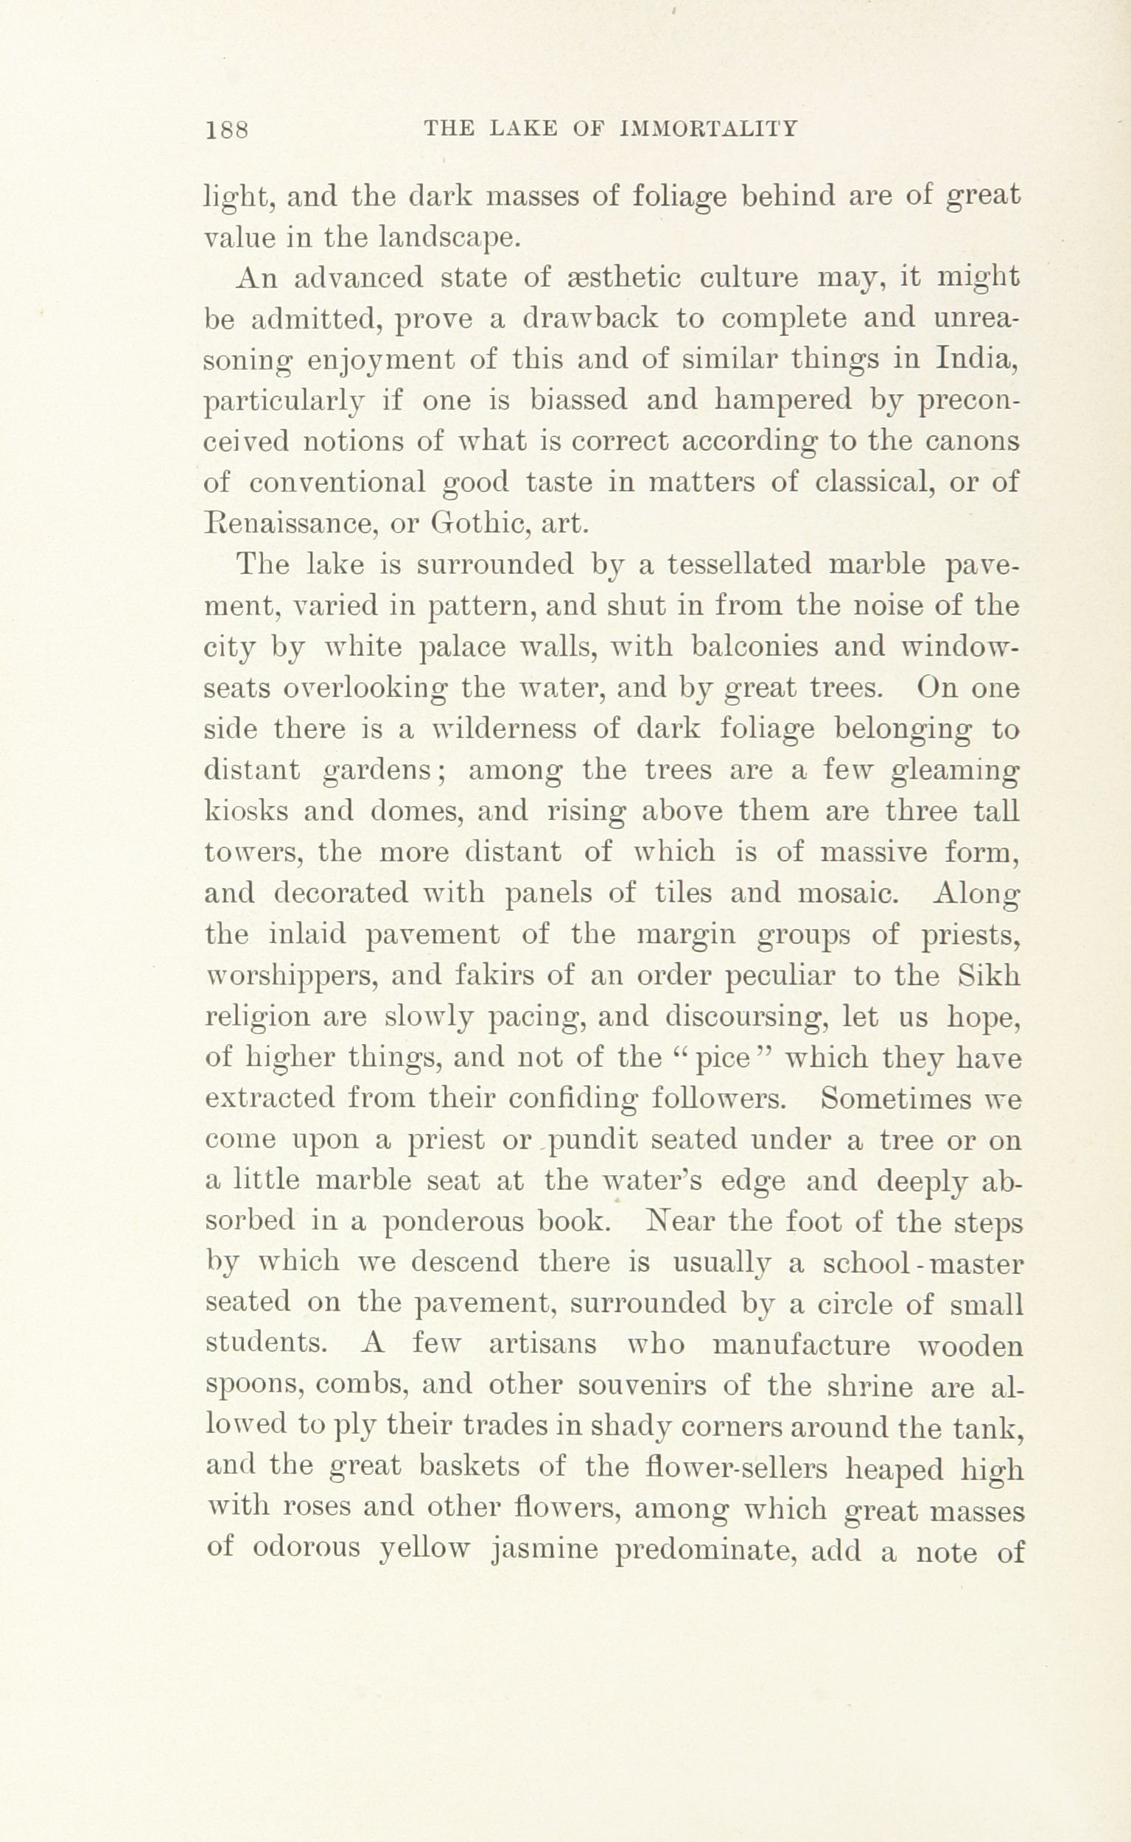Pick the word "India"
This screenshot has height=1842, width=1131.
(976, 360)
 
